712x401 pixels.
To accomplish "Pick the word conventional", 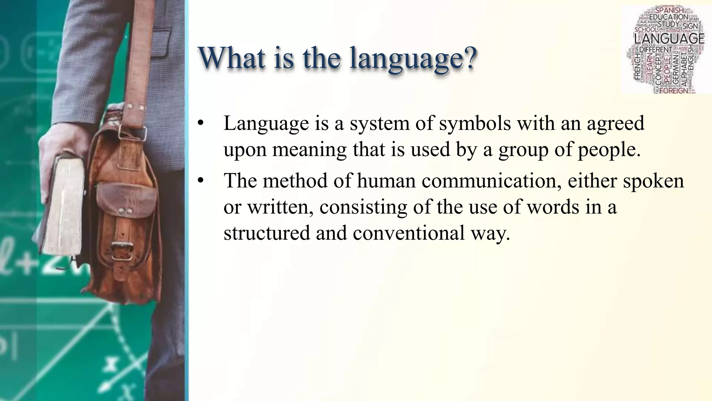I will point(408,233).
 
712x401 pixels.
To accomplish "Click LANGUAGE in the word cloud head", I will point(669,39).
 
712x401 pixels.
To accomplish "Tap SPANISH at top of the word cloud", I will point(669,10).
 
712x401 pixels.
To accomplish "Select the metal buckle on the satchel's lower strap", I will point(122,251).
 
